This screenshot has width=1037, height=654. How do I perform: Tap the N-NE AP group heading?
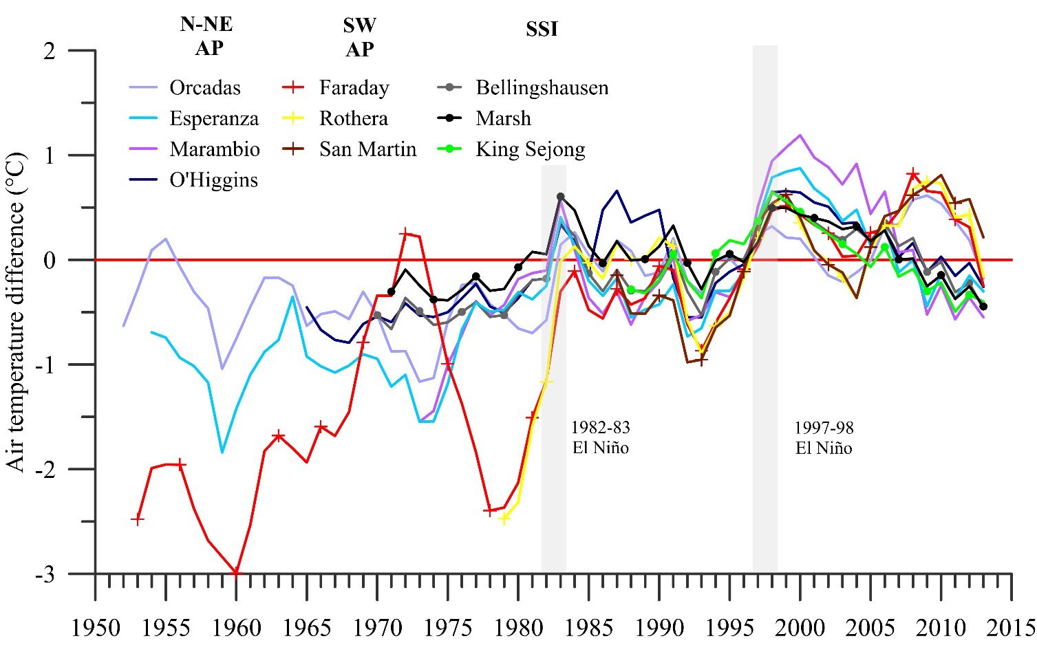click(x=206, y=36)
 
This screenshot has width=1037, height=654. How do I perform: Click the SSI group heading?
click(x=542, y=30)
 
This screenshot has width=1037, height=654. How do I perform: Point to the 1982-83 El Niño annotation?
click(x=600, y=437)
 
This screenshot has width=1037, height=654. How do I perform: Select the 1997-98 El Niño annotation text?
click(x=824, y=437)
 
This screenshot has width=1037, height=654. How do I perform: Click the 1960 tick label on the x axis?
click(x=236, y=627)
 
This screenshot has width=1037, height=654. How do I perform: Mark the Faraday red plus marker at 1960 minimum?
click(x=236, y=572)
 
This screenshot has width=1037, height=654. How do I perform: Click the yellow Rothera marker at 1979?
click(x=504, y=518)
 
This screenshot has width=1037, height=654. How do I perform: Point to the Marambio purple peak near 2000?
click(x=800, y=135)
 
